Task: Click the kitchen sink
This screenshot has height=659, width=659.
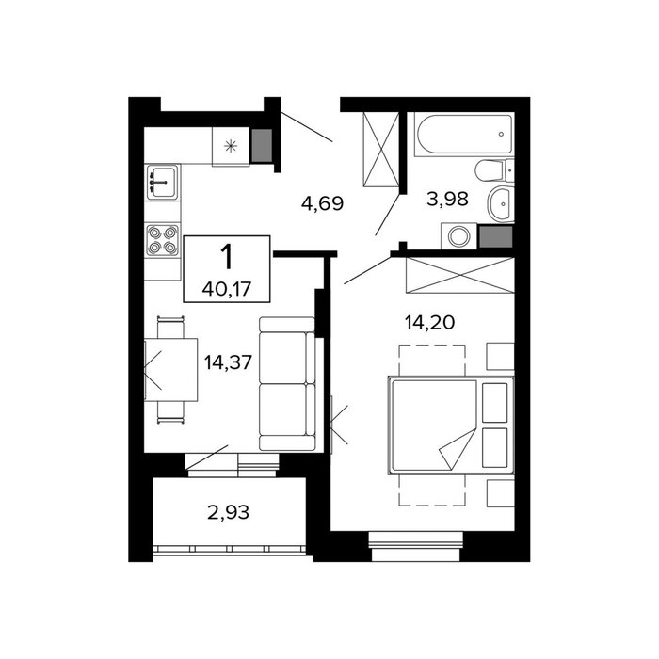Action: [162, 182]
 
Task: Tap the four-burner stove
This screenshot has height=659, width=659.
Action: [162, 240]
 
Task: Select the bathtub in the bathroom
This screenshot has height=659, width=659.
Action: [464, 134]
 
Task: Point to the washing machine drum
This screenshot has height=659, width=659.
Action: [458, 236]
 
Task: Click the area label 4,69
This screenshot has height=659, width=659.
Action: [322, 203]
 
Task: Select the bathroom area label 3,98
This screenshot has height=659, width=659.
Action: [447, 199]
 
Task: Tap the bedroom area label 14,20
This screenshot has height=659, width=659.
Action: [429, 322]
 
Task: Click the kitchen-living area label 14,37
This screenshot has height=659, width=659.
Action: [228, 362]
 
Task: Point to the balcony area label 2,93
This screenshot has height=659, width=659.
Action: [228, 512]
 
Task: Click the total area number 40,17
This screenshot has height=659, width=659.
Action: [227, 289]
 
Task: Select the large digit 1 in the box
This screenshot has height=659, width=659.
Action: [227, 257]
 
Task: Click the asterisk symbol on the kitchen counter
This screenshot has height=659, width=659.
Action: [231, 146]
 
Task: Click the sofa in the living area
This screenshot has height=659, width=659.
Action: [287, 384]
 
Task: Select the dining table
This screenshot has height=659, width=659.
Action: [171, 369]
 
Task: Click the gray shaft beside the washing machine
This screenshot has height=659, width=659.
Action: [496, 236]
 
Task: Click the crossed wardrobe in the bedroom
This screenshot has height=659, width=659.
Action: [459, 275]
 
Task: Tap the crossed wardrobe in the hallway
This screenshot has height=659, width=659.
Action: [380, 149]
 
